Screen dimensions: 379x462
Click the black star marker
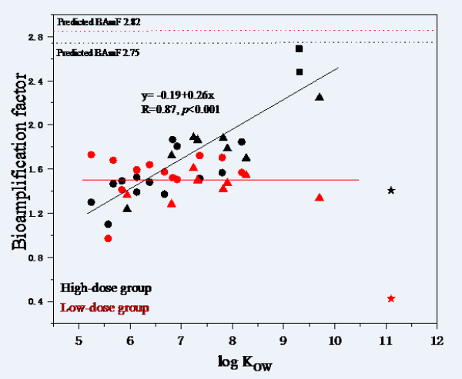click(x=391, y=190)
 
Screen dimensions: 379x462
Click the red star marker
click(x=391, y=298)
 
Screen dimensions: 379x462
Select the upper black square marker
click(x=299, y=49)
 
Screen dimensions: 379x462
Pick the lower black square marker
click(x=299, y=71)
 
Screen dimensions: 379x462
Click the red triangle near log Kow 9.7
click(x=320, y=198)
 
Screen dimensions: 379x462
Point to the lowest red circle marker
click(x=108, y=238)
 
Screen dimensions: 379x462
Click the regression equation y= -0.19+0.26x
click(x=172, y=96)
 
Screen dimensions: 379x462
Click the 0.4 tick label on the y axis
click(x=39, y=301)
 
